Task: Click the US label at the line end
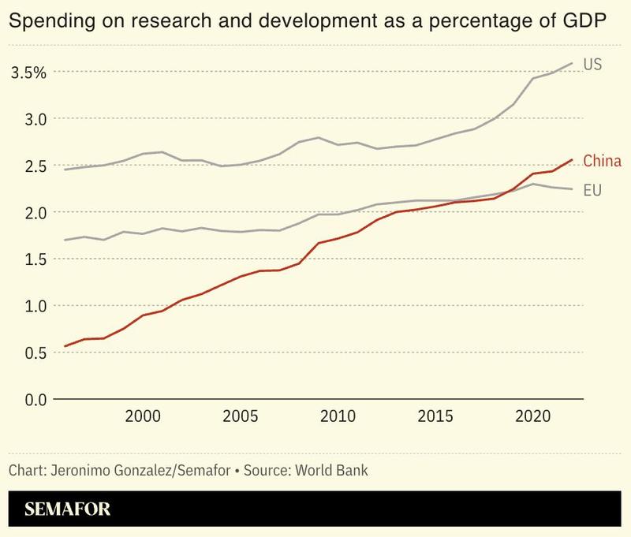click(x=592, y=65)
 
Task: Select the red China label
click(x=603, y=162)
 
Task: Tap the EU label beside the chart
click(x=592, y=190)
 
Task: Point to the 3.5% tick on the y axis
click(x=28, y=73)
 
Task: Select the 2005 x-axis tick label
click(x=241, y=416)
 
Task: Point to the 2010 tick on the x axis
click(x=338, y=416)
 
